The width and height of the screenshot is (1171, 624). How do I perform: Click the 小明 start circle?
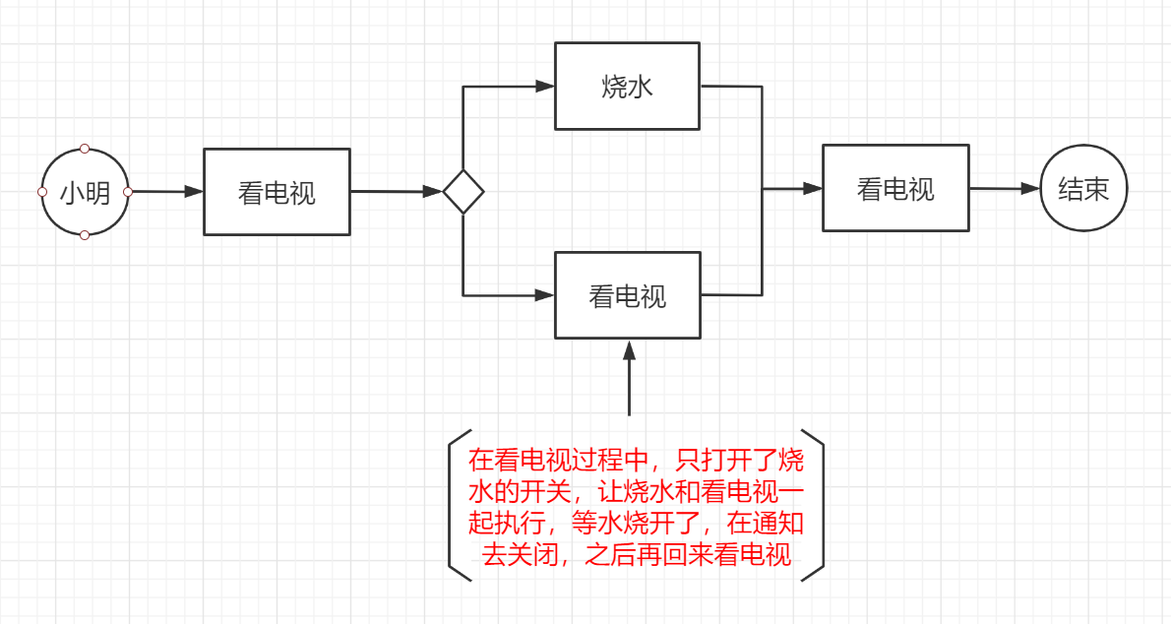pyautogui.click(x=85, y=192)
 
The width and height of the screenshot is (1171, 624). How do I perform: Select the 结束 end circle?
pyautogui.click(x=1083, y=189)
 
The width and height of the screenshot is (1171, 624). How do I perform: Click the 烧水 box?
pyautogui.click(x=628, y=87)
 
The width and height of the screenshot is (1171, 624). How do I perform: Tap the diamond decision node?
pyautogui.click(x=463, y=192)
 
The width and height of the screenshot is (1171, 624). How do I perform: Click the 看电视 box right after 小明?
pyautogui.click(x=277, y=192)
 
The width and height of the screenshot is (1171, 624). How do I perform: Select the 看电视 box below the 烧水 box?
pyautogui.click(x=628, y=295)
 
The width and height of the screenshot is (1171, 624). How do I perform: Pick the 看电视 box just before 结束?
pyautogui.click(x=895, y=188)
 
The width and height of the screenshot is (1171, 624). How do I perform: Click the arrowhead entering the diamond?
pyautogui.click(x=433, y=192)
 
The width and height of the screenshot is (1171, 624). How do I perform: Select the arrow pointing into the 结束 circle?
pyautogui.click(x=1006, y=188)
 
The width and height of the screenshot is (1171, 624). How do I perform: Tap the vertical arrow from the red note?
pyautogui.click(x=629, y=378)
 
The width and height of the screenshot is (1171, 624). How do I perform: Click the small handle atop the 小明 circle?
pyautogui.click(x=85, y=149)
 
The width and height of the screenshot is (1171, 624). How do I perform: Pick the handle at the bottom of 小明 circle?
pyautogui.click(x=85, y=234)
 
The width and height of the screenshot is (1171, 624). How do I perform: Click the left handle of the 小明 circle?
pyautogui.click(x=42, y=192)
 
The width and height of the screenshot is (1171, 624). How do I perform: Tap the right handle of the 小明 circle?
pyautogui.click(x=128, y=192)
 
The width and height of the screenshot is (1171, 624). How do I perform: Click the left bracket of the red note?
pyautogui.click(x=455, y=504)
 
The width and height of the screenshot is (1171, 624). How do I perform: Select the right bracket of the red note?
pyautogui.click(x=816, y=504)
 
